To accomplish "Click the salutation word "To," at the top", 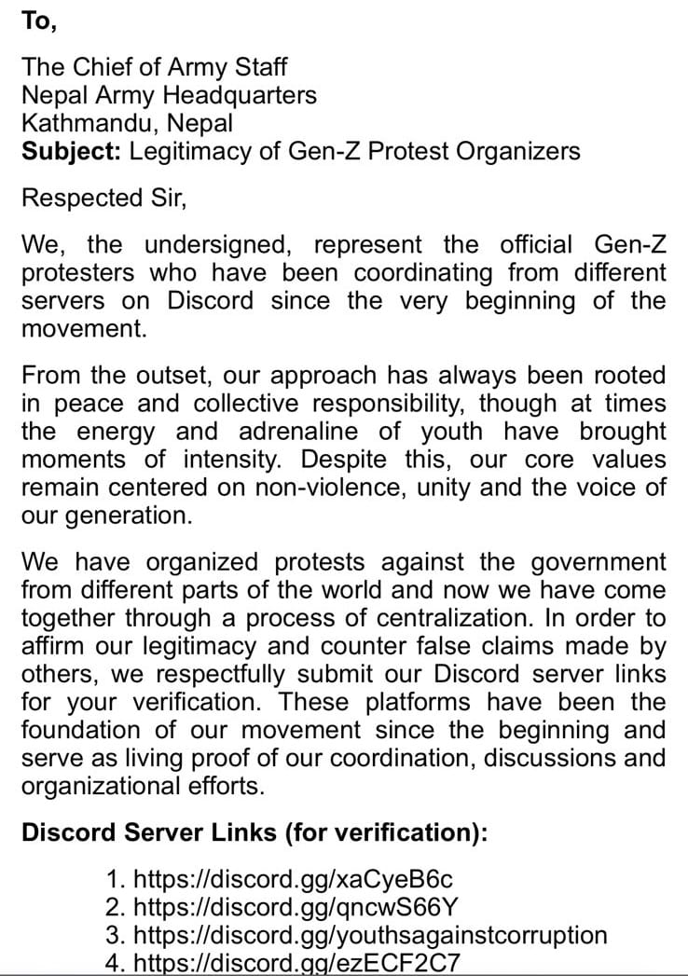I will (39, 22).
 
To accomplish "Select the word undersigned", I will (221, 245).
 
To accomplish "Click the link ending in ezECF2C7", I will (297, 963).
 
